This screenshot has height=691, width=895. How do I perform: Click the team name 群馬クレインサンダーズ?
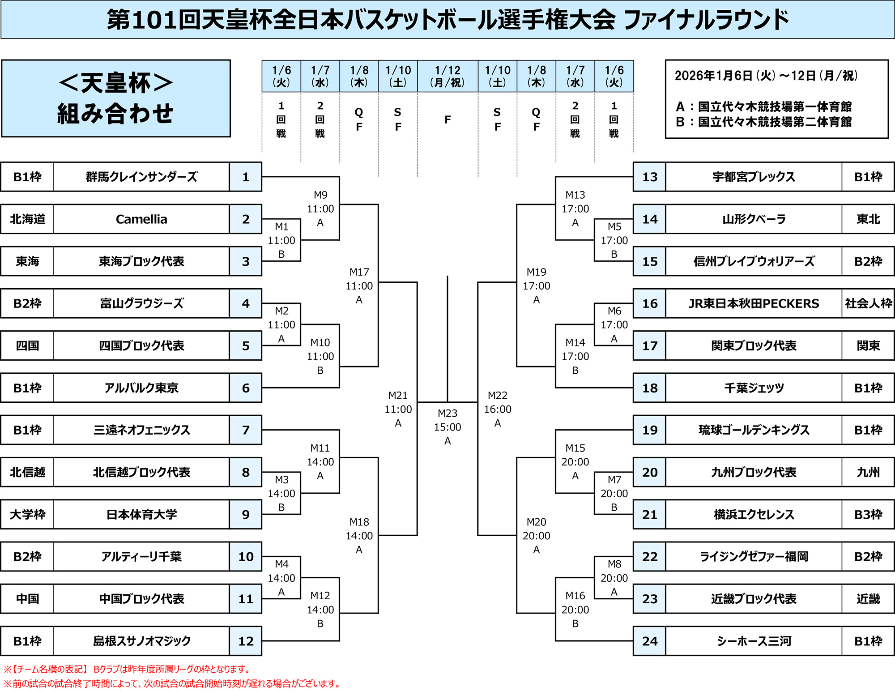click(141, 177)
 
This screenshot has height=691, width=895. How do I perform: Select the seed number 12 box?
click(246, 641)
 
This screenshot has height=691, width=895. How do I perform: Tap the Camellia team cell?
click(141, 219)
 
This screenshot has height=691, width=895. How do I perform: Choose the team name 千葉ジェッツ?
click(754, 388)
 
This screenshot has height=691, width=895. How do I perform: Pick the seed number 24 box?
click(650, 641)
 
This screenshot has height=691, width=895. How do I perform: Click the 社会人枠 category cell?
click(868, 303)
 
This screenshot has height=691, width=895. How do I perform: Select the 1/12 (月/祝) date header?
click(447, 76)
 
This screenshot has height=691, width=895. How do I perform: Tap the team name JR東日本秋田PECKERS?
click(754, 303)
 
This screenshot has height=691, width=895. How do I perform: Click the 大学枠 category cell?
click(27, 514)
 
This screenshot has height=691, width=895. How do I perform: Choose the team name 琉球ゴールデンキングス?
click(754, 430)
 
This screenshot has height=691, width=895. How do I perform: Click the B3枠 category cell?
click(868, 514)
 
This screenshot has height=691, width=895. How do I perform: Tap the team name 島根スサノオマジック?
click(141, 641)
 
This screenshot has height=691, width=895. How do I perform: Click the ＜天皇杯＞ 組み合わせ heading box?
click(116, 98)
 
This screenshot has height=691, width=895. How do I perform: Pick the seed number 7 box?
click(246, 430)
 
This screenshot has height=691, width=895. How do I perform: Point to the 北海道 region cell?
click(27, 219)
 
